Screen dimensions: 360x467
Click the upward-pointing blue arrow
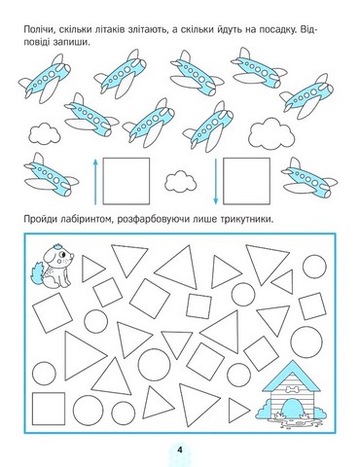(95, 181)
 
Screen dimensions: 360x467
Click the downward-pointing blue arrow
(215, 181)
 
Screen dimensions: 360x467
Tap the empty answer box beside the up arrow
(126, 181)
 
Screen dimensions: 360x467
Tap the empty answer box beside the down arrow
(246, 181)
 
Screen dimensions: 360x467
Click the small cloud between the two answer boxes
(180, 182)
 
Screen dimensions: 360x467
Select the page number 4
(180, 450)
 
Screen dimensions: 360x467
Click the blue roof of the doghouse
(291, 377)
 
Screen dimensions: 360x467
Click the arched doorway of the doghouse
(291, 409)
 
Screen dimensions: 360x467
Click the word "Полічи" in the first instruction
(37, 30)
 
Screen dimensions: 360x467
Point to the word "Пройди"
(40, 220)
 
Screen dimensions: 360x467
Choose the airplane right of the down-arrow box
(309, 178)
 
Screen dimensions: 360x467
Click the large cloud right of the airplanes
(271, 133)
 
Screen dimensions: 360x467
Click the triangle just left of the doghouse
(238, 410)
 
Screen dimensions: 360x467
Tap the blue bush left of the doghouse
(265, 410)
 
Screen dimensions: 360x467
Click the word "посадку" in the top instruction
(276, 30)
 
